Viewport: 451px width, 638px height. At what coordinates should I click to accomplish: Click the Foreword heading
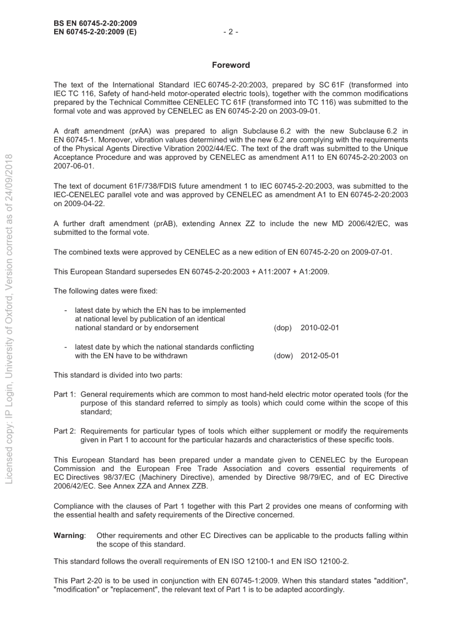231,65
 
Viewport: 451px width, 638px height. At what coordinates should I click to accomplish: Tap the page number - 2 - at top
230,32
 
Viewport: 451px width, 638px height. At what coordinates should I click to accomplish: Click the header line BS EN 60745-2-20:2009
95,23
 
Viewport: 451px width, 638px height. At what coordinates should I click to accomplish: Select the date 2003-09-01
301,111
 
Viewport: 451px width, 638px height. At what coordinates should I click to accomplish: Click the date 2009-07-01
371,252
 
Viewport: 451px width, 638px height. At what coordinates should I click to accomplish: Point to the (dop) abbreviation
283,328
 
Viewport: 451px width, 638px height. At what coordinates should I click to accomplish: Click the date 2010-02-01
319,328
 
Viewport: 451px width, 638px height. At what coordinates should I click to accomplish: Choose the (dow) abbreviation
283,356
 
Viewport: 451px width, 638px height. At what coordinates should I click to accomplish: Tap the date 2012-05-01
319,356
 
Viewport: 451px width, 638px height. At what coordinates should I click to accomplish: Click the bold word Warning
69,536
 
